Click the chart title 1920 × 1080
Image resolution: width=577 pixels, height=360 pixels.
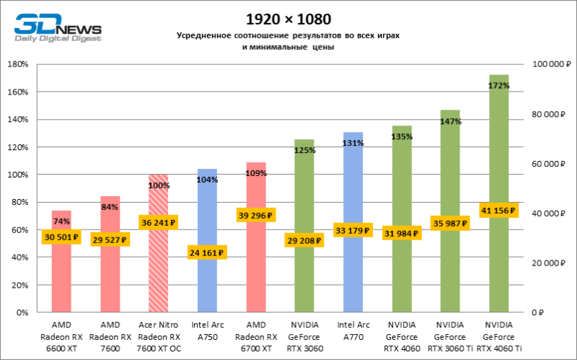(x=288, y=17)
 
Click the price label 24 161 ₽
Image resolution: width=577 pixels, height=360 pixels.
(x=207, y=253)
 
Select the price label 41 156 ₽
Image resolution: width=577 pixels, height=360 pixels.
(x=498, y=211)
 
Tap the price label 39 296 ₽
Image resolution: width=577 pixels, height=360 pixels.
(x=256, y=215)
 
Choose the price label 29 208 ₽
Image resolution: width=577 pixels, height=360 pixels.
(x=304, y=240)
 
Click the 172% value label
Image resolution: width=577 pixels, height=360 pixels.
(x=498, y=85)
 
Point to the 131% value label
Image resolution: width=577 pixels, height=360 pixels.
(x=353, y=144)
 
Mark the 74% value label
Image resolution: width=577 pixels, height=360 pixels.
(x=61, y=221)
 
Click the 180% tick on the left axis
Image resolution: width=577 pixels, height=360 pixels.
(x=17, y=65)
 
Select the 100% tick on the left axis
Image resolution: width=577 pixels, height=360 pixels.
(x=17, y=175)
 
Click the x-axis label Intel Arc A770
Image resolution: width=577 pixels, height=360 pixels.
(x=353, y=330)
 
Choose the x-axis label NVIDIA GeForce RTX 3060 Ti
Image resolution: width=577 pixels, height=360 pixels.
(x=450, y=337)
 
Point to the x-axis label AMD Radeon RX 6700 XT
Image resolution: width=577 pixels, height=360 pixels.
(x=256, y=337)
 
